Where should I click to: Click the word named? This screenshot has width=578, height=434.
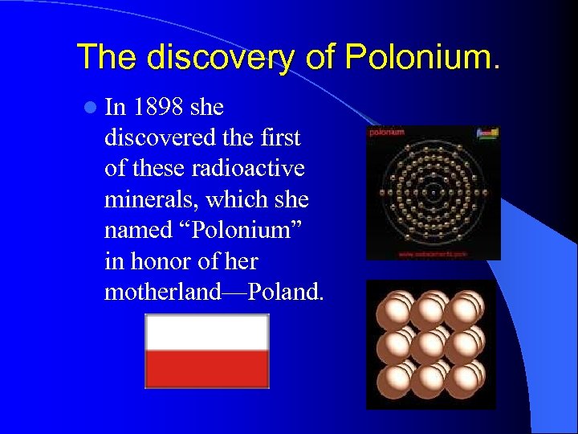(137, 231)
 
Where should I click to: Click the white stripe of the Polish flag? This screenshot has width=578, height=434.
(206, 333)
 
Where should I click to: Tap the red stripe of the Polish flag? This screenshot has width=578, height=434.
(206, 369)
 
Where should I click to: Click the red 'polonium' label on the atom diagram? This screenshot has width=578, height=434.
(386, 132)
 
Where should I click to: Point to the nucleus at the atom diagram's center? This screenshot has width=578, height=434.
(433, 191)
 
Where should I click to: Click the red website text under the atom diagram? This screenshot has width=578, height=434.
(433, 254)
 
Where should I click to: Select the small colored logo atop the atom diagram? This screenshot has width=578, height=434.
(486, 133)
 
